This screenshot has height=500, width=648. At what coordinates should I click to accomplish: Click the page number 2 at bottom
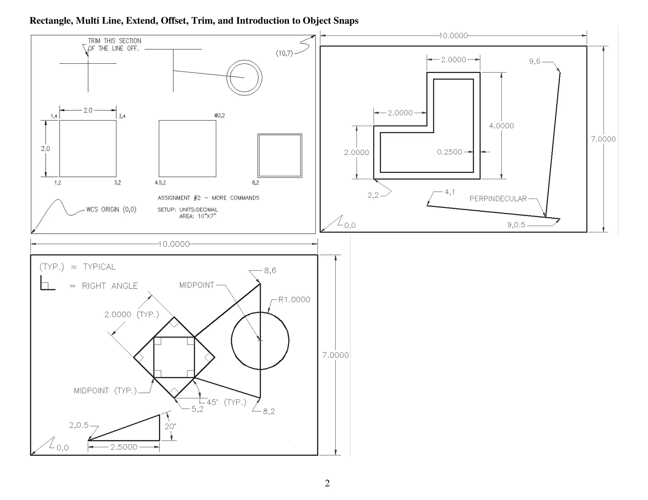327,483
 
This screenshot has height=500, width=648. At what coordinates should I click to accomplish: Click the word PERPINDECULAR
498,199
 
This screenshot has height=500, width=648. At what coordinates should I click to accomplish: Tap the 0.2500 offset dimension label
449,152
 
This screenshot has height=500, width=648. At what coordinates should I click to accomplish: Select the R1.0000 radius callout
294,300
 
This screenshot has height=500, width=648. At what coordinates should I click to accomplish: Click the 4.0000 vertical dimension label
501,126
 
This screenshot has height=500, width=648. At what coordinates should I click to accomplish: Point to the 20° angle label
170,426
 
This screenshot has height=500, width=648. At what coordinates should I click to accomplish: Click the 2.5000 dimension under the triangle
124,447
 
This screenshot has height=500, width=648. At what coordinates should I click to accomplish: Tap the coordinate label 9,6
535,61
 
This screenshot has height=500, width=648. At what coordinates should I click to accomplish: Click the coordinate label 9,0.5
516,225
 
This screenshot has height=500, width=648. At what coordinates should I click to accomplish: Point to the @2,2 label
220,115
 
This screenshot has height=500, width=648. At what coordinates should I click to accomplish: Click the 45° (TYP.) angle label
226,402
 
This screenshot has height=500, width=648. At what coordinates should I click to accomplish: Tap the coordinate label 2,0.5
79,425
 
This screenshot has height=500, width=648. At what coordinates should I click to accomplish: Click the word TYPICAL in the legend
99,267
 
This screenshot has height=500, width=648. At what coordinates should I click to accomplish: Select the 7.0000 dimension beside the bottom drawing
335,355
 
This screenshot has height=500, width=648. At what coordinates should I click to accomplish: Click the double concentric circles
244,77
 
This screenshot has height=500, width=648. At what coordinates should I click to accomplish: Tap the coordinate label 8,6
270,271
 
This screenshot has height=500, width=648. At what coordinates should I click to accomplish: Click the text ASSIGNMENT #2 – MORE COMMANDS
208,198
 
